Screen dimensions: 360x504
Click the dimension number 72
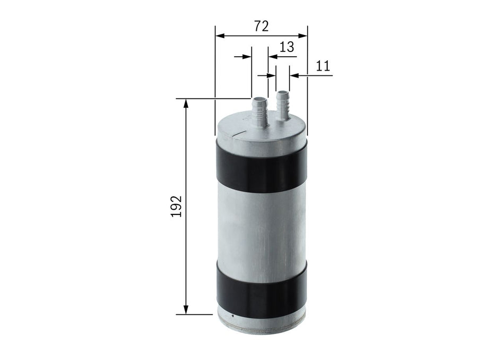coord(261,27)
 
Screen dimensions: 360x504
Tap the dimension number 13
coord(286,47)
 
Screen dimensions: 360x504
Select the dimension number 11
coord(323,66)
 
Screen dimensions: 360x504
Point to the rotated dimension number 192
coord(177,206)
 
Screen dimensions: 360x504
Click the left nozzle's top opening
coord(259,99)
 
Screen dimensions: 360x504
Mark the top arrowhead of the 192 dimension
coord(186,104)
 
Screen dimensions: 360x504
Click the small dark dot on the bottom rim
coord(232,319)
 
